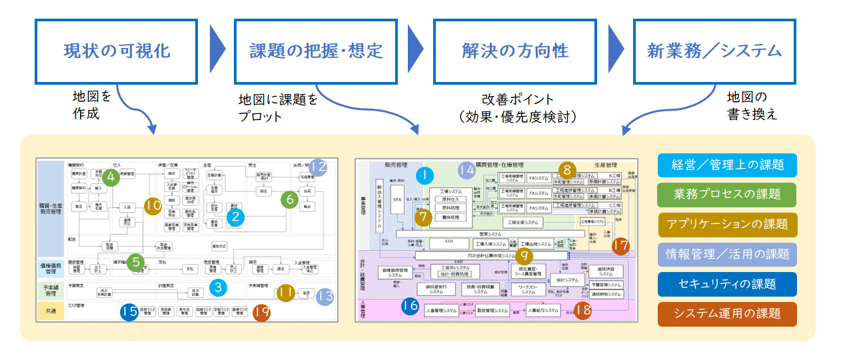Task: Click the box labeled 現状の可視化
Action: (117, 51)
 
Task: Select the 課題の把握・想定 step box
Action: (317, 51)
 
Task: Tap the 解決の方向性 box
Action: (515, 51)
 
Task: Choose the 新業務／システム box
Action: (714, 51)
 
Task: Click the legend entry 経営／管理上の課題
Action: (727, 165)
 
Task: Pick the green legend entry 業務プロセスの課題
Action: (727, 195)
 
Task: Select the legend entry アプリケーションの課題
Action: (727, 224)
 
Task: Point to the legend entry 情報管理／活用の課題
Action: (727, 254)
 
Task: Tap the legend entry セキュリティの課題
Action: (727, 284)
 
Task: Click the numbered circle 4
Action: (110, 177)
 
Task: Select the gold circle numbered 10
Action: (153, 206)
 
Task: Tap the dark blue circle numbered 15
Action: (129, 311)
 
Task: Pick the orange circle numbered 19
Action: (261, 311)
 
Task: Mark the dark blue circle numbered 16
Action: (411, 306)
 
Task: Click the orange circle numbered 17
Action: (620, 246)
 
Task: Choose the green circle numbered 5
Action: (136, 262)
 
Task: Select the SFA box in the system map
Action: (397, 199)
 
